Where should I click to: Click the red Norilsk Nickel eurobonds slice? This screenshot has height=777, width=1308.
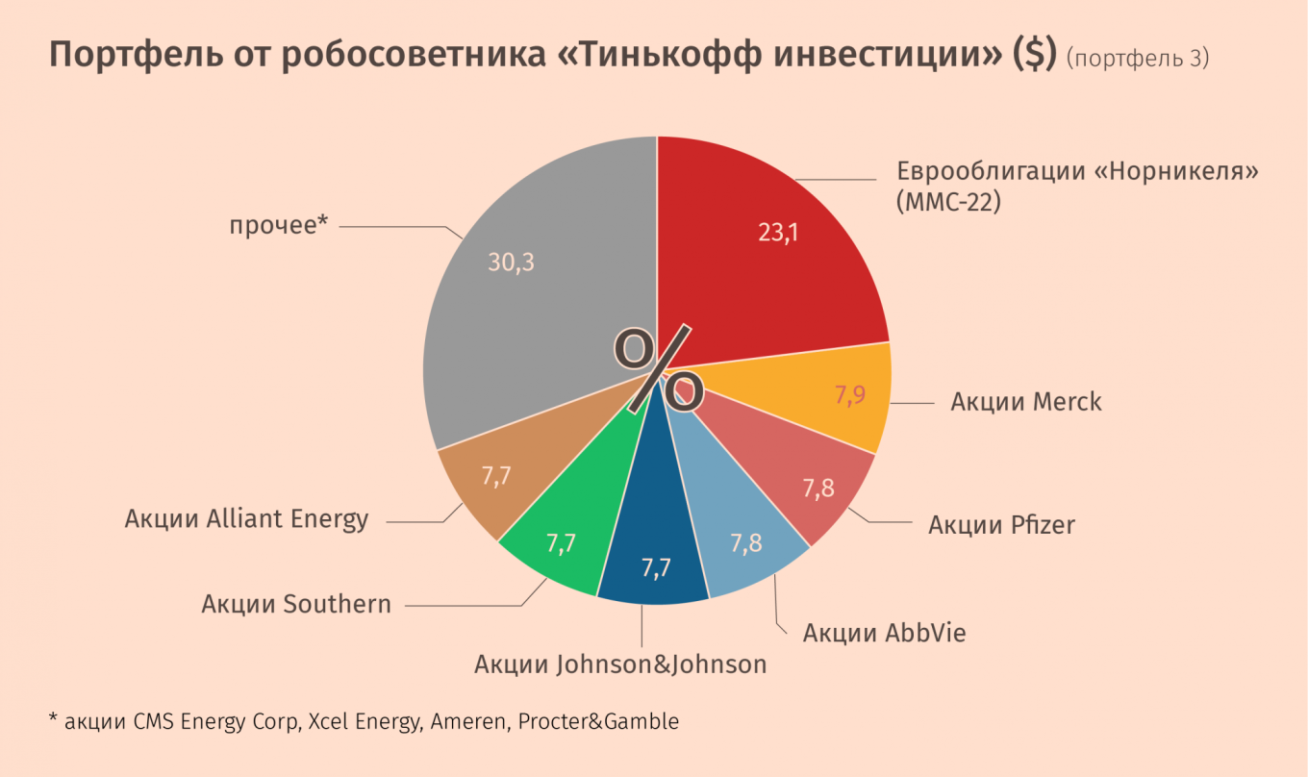pyautogui.click(x=769, y=260)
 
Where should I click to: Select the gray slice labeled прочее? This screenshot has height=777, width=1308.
pyautogui.click(x=539, y=308)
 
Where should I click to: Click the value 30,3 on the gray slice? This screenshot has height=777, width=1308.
pyautogui.click(x=511, y=263)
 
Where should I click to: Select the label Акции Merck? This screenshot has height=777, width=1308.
pyautogui.click(x=1026, y=401)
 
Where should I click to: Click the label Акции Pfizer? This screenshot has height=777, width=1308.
pyautogui.click(x=1001, y=525)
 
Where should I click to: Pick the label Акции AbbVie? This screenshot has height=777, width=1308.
pyautogui.click(x=884, y=633)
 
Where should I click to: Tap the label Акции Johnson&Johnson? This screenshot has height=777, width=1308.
pyautogui.click(x=620, y=664)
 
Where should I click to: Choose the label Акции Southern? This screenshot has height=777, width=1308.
pyautogui.click(x=296, y=604)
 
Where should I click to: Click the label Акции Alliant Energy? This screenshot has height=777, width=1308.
pyautogui.click(x=246, y=519)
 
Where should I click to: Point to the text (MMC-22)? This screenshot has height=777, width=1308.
pyautogui.click(x=948, y=203)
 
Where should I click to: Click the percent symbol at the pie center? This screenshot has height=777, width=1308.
pyautogui.click(x=659, y=369)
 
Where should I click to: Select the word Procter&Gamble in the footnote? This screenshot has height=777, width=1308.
pyautogui.click(x=598, y=721)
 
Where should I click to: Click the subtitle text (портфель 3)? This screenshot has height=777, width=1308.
pyautogui.click(x=1138, y=59)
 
